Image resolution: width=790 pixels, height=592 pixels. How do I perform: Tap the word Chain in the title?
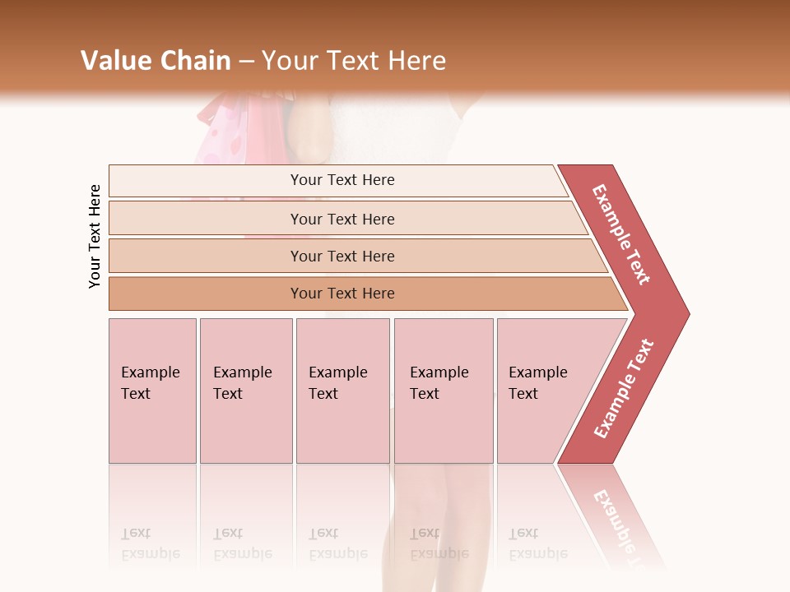point(196,60)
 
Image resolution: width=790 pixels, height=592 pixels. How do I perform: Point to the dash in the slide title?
point(247,61)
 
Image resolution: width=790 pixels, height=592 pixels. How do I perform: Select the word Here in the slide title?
point(416,60)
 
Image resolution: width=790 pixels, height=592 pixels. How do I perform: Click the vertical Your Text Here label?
point(95,236)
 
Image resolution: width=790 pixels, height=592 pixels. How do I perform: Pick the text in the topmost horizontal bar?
point(342,180)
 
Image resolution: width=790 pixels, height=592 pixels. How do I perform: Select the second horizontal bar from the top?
point(342,219)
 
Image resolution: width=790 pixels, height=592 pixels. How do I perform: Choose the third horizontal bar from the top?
point(342,256)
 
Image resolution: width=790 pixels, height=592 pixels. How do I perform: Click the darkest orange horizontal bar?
point(342,294)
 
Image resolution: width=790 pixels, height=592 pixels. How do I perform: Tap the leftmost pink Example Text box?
point(152,391)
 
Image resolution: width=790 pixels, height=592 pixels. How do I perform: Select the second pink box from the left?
point(245,391)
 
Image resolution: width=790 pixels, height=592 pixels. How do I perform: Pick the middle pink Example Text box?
point(342,391)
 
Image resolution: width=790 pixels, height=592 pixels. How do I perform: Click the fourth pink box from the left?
point(444,391)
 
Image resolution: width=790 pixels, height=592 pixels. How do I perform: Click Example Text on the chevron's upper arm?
point(621,234)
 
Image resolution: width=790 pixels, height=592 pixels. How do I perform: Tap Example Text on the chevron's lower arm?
point(624,388)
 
